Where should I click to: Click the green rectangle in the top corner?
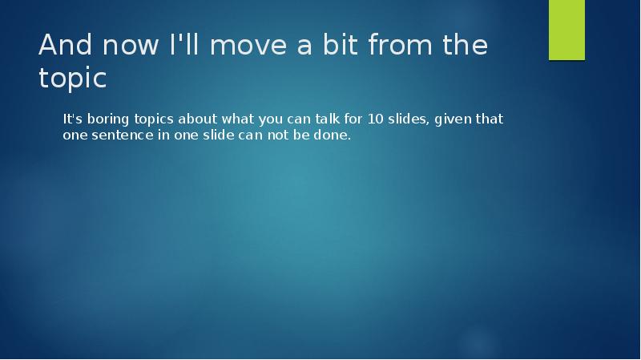click(566, 30)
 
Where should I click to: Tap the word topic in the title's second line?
click(72, 79)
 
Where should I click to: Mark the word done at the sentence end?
click(333, 136)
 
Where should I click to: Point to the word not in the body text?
click(277, 136)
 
